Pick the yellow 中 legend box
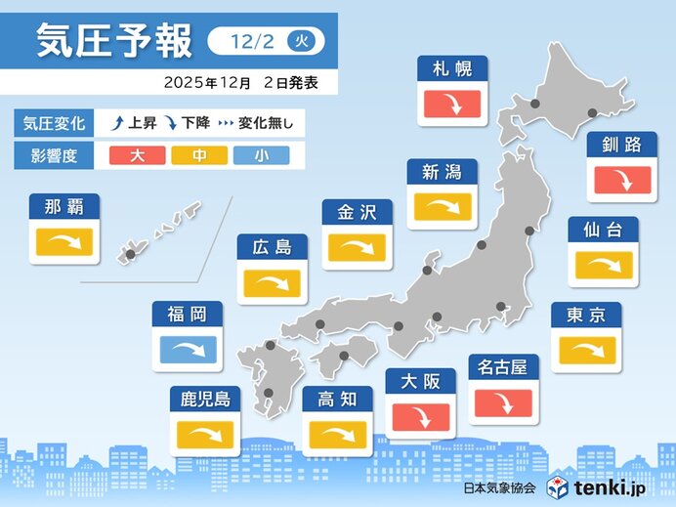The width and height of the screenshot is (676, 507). [199, 155]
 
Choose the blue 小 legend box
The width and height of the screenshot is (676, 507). [261, 155]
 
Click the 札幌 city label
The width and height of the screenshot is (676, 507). [452, 69]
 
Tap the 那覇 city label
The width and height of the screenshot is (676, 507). [64, 206]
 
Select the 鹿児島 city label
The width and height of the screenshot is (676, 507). [205, 399]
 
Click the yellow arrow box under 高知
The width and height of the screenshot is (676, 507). [337, 433]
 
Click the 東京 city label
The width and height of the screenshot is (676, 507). [586, 315]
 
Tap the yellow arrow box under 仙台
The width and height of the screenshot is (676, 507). [603, 264]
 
